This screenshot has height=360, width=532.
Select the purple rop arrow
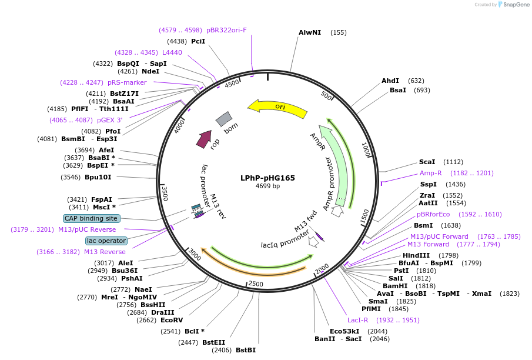pyautogui.click(x=203, y=139)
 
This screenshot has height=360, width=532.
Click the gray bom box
pyautogui.click(x=224, y=119)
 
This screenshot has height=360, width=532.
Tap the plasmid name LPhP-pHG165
pyautogui.click(x=267, y=178)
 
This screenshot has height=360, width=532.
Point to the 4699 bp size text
pyautogui.click(x=267, y=186)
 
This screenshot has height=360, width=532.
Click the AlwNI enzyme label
pyautogui.click(x=310, y=32)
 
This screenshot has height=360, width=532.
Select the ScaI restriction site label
pyautogui.click(x=427, y=162)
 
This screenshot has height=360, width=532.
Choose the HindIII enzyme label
pyautogui.click(x=416, y=255)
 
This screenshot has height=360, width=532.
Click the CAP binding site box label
pyautogui.click(x=91, y=218)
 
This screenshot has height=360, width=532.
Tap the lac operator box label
pyautogui.click(x=106, y=241)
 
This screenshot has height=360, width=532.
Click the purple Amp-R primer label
pyautogui.click(x=430, y=173)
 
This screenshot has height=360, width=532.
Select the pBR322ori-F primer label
pyautogui.click(x=226, y=30)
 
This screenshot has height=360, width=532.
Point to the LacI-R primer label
pyautogui.click(x=357, y=320)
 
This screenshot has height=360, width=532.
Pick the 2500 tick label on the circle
pyautogui.click(x=256, y=284)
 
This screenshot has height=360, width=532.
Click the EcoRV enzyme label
pyautogui.click(x=172, y=321)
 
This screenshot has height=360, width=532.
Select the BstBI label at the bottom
pyautogui.click(x=246, y=350)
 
